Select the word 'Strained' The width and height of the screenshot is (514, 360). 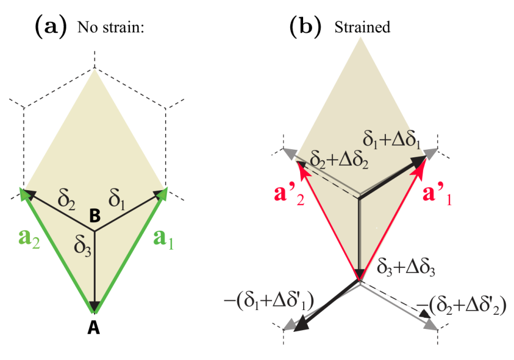362,28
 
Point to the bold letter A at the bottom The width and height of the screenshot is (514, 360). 93,329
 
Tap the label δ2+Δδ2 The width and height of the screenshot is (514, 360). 331,160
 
